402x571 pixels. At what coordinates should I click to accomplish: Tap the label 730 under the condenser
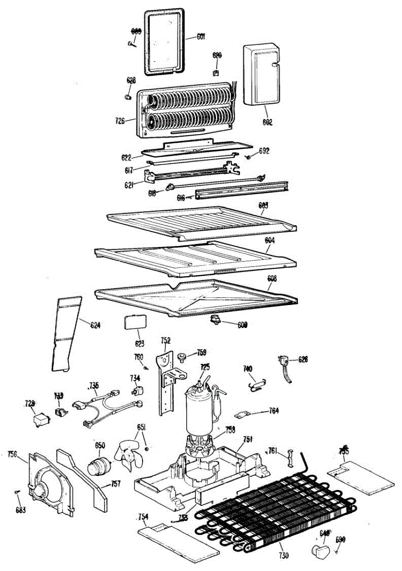[283, 555]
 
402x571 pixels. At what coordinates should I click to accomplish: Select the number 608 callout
[271, 278]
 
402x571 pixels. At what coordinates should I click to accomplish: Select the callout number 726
[120, 121]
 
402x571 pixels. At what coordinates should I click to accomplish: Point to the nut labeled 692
[249, 157]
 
